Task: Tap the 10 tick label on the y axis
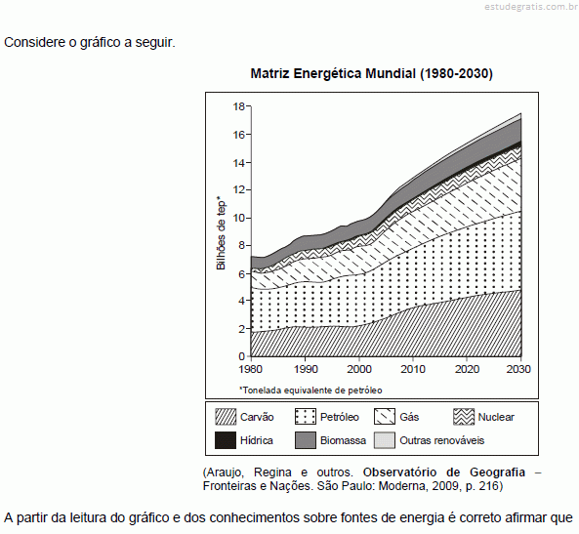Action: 239,218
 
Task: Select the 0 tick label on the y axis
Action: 242,356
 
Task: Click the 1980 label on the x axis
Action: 250,369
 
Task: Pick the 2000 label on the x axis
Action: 359,369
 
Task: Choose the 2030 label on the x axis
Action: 518,369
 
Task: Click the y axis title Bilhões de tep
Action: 221,233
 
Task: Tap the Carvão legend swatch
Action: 226,417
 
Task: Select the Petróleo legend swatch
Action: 306,417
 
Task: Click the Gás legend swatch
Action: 385,417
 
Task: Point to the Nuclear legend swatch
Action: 464,417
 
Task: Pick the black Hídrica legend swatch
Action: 226,440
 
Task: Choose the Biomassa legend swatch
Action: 306,440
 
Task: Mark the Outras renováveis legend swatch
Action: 385,440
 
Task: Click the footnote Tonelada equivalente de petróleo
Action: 310,390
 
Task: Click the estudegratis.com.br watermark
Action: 531,7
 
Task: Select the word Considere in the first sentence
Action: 35,43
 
